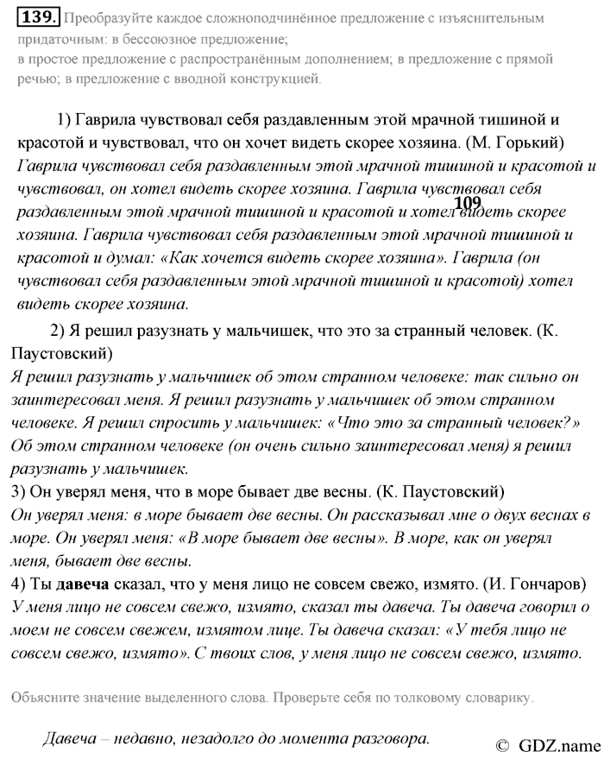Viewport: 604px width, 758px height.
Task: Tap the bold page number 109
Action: [x=466, y=203]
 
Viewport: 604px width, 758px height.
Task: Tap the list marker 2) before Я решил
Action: [x=59, y=331]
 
